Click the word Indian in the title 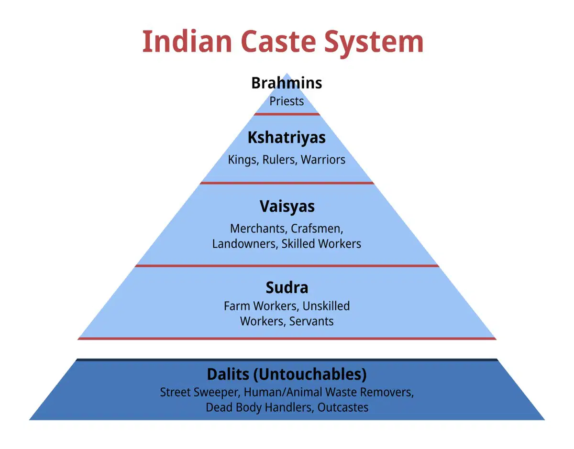click(187, 42)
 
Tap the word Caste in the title click(278, 42)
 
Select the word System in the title click(374, 44)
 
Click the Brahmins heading click(287, 83)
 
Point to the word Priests click(287, 101)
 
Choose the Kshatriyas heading click(287, 138)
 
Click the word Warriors click(323, 160)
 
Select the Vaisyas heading click(287, 207)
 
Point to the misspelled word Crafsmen click(317, 229)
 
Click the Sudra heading click(287, 288)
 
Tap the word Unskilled click(326, 306)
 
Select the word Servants click(311, 321)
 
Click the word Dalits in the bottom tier click(228, 374)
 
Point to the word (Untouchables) click(310, 375)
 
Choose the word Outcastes click(343, 407)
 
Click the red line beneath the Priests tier click(287, 114)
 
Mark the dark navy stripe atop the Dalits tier click(287, 360)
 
